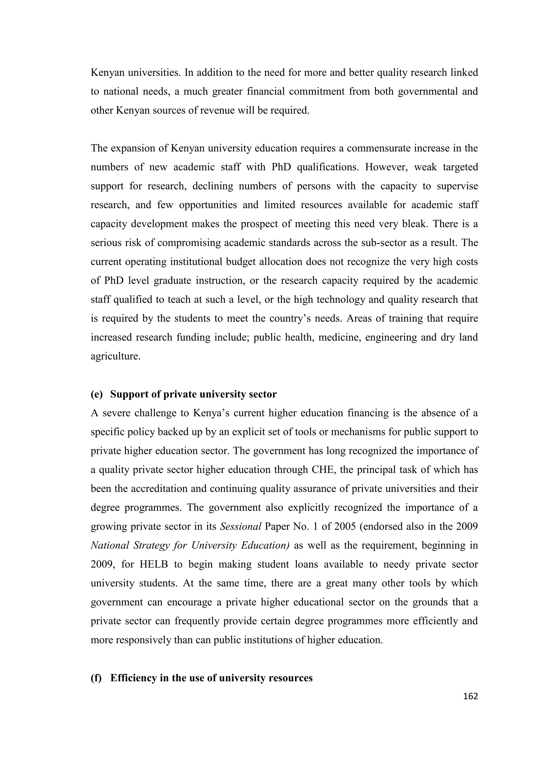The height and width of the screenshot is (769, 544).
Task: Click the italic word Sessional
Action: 240,526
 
